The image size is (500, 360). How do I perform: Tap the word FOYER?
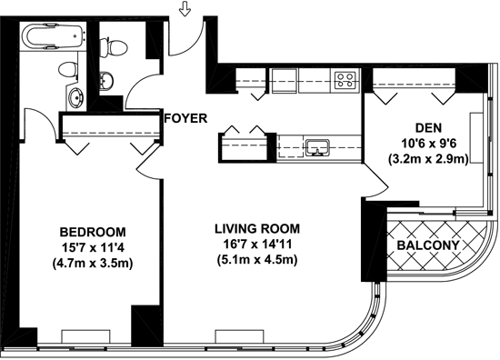click(x=185, y=118)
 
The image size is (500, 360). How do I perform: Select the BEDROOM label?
click(x=93, y=232)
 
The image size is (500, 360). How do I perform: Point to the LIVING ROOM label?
click(x=257, y=229)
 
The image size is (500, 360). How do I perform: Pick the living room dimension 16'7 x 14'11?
click(x=257, y=245)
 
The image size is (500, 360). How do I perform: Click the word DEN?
click(x=428, y=128)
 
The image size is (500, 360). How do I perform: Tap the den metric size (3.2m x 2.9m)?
click(x=428, y=159)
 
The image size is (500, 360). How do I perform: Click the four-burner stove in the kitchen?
click(x=345, y=80)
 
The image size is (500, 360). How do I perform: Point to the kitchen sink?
click(x=317, y=147)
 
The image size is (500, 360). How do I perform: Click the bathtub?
click(x=54, y=36)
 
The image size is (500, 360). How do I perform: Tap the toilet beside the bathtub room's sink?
click(x=68, y=69)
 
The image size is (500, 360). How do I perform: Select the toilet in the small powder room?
click(x=114, y=47)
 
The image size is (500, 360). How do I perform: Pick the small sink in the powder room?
click(x=106, y=81)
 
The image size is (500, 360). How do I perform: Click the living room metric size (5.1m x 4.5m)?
click(x=257, y=259)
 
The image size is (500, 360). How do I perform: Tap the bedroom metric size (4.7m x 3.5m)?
click(x=93, y=263)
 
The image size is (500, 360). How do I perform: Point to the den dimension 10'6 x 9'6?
click(x=428, y=144)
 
